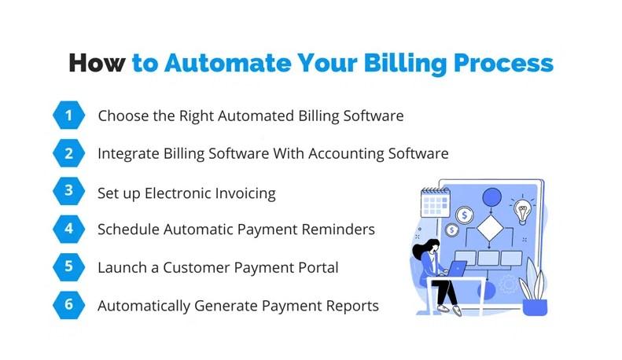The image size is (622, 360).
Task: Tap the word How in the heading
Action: [98, 63]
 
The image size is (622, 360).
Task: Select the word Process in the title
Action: [503, 63]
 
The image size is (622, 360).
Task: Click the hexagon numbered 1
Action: [68, 115]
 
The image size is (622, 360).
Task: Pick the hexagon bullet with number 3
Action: [68, 191]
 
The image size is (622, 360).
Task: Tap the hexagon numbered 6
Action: [68, 305]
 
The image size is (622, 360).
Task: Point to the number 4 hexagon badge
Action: [68, 229]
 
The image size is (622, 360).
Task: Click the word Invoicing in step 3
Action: [245, 193]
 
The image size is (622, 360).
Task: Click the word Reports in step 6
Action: [352, 306]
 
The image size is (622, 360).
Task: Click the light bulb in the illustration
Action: [522, 210]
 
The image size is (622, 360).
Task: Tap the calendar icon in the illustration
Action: [435, 202]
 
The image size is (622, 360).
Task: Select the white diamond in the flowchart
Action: [490, 228]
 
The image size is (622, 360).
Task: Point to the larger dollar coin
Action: [464, 215]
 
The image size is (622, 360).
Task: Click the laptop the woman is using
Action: [456, 269]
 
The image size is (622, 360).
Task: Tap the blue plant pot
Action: [535, 307]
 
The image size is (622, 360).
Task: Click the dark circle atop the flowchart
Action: [492, 197]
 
